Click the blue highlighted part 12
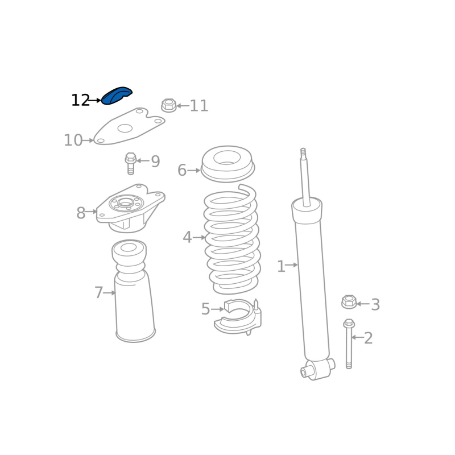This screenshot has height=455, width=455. click(x=117, y=96)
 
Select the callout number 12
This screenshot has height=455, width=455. click(x=80, y=101)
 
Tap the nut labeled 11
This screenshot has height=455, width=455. click(x=169, y=105)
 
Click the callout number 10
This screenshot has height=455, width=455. click(x=73, y=140)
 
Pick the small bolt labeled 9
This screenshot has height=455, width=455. click(x=131, y=163)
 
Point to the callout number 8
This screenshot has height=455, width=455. click(x=81, y=213)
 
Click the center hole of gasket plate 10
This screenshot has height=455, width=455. click(x=125, y=129)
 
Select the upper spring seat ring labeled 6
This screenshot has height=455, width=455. click(x=228, y=164)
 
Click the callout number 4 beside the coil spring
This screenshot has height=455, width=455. click(x=187, y=237)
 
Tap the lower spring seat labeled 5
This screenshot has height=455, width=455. click(x=238, y=317)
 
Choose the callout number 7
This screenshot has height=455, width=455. click(x=98, y=292)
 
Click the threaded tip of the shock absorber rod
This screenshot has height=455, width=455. click(x=303, y=153)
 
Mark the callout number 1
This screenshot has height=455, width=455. click(x=281, y=266)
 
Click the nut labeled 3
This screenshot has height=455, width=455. click(x=349, y=302)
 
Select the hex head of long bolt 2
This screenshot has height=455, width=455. click(x=349, y=324)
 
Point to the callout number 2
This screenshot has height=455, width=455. click(x=368, y=338)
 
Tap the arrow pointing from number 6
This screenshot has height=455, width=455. click(x=194, y=170)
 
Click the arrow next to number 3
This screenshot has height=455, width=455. click(x=363, y=304)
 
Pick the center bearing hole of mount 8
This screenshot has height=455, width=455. click(x=126, y=202)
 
